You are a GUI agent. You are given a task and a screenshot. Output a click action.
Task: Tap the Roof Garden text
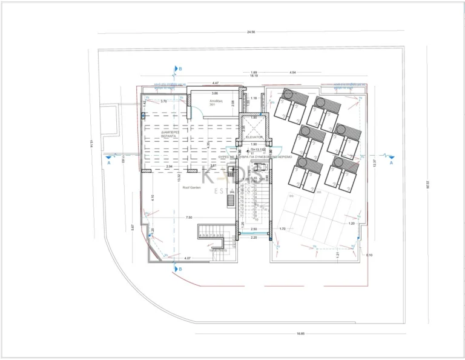[x=191, y=188]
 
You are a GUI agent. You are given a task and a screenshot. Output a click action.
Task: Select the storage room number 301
[x=213, y=105]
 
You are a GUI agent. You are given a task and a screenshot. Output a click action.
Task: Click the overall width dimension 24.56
[x=250, y=31]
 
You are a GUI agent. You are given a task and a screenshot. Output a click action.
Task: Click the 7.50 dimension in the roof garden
[x=190, y=217]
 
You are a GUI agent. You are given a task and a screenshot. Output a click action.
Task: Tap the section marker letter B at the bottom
[x=180, y=268]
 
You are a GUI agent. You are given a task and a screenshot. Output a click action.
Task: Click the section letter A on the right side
[x=391, y=163]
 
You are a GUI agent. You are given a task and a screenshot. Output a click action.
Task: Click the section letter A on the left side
[x=108, y=163]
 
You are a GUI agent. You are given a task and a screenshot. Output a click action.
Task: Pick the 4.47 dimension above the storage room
[x=215, y=83]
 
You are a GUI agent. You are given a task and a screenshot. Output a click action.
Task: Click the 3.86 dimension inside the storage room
[x=215, y=93]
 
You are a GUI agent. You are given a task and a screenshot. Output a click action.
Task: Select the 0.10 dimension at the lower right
[x=370, y=255]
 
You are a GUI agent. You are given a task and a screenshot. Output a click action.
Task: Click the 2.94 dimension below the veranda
[x=170, y=166]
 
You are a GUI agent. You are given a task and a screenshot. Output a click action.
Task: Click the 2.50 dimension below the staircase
[x=254, y=229]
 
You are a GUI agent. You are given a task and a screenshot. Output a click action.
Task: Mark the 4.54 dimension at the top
[x=293, y=72]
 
